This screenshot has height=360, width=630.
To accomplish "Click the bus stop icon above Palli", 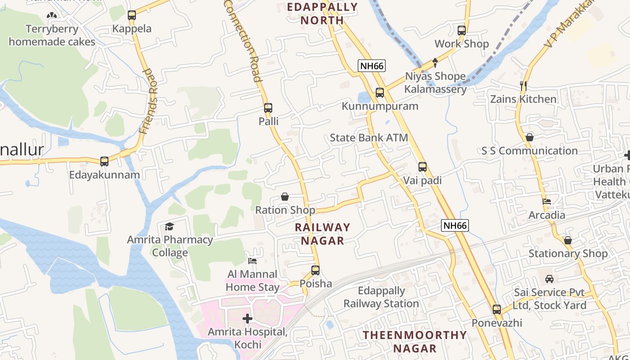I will (268, 108).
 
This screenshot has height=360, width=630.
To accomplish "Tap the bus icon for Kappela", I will (132, 15).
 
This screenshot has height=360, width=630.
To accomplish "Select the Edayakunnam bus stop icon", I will (104, 161).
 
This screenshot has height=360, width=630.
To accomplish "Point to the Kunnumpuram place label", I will (380, 106).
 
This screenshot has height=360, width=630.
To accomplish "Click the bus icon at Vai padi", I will (422, 167).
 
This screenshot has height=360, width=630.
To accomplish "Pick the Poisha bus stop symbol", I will (315, 270).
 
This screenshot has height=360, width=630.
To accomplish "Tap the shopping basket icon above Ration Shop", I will (284, 197).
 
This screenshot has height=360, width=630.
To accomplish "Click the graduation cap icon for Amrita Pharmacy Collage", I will (170, 226).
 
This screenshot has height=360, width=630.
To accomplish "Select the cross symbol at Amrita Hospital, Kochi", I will (247, 319).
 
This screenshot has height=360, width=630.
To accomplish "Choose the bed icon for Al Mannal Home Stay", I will (252, 261).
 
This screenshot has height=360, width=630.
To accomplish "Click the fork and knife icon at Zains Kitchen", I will (523, 85).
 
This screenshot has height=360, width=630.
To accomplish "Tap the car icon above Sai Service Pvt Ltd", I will (549, 279).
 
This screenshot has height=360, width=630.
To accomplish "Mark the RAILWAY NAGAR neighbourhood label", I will (322, 234).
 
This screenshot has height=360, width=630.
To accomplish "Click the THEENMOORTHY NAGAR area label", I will (414, 342).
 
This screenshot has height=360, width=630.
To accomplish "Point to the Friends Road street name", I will (149, 101).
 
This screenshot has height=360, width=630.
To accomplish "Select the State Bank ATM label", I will (369, 138).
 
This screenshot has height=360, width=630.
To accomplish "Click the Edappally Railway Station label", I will (381, 297).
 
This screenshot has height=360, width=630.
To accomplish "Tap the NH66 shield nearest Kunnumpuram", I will (372, 66).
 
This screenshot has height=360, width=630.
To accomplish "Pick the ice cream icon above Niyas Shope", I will (435, 63).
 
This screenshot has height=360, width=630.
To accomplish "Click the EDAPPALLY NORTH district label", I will (322, 13).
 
